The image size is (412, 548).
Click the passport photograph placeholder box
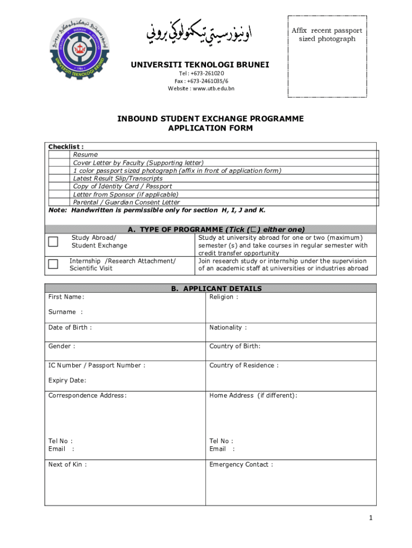click(x=327, y=56)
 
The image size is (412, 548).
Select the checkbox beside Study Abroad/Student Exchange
click(x=53, y=241)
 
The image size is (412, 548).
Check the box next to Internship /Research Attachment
click(x=53, y=264)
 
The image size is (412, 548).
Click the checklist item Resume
click(x=86, y=155)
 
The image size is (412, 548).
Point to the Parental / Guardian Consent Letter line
click(x=126, y=202)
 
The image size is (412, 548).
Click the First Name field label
click(x=66, y=297)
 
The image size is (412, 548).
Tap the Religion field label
click(x=224, y=297)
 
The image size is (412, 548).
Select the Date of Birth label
click(x=70, y=328)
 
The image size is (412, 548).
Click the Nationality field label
click(x=228, y=328)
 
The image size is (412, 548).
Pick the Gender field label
click(x=62, y=346)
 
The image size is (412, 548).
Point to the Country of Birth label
click(x=235, y=346)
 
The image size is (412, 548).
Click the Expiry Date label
click(x=67, y=380)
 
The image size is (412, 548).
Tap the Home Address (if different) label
click(x=253, y=395)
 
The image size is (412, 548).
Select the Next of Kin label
click(x=67, y=465)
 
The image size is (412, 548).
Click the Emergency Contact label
click(x=241, y=465)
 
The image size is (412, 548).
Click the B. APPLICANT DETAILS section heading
click(x=216, y=288)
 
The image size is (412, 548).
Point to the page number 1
click(x=370, y=518)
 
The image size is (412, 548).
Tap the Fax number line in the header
click(x=201, y=81)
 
